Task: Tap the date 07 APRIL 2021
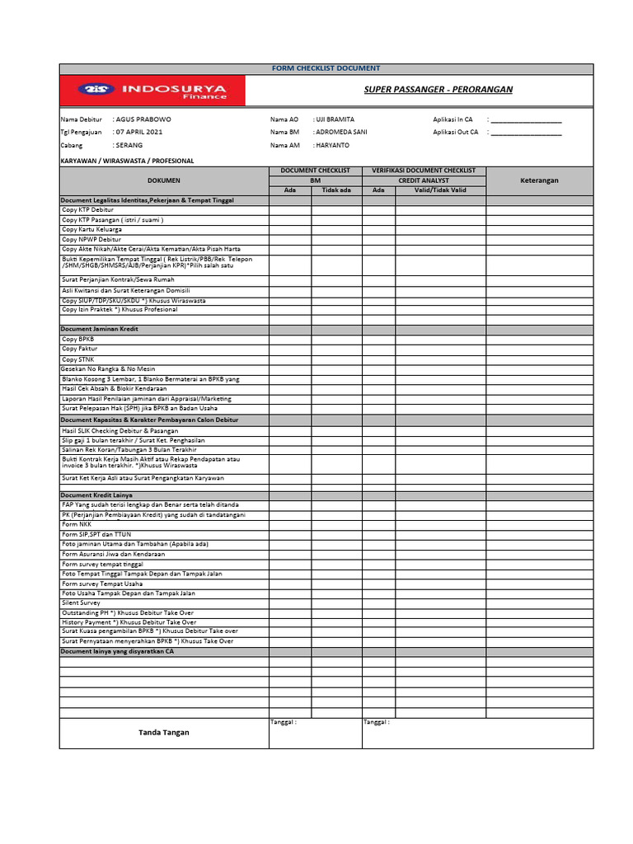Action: (139, 132)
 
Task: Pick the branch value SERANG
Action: (129, 145)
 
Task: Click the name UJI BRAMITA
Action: (335, 120)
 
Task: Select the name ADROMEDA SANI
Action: (341, 132)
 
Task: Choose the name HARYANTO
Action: (331, 145)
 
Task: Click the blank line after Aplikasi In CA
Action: (526, 120)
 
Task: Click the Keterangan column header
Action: (539, 180)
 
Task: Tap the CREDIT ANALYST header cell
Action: (424, 180)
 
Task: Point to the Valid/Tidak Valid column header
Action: (440, 190)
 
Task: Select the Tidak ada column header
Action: (336, 190)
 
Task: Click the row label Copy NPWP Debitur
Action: (91, 239)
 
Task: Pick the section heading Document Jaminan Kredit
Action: (100, 329)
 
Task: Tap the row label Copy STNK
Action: (78, 359)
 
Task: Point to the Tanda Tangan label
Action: (163, 732)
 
